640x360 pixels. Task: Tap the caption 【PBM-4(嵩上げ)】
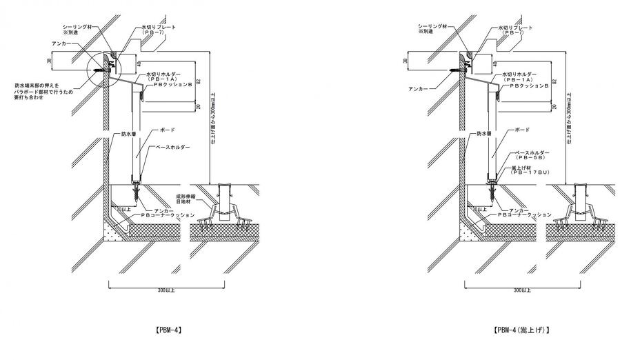coord(522,330)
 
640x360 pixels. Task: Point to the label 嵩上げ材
coord(523,168)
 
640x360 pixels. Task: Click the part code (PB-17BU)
coord(530,174)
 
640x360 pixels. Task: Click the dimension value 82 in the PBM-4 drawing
coord(198,81)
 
